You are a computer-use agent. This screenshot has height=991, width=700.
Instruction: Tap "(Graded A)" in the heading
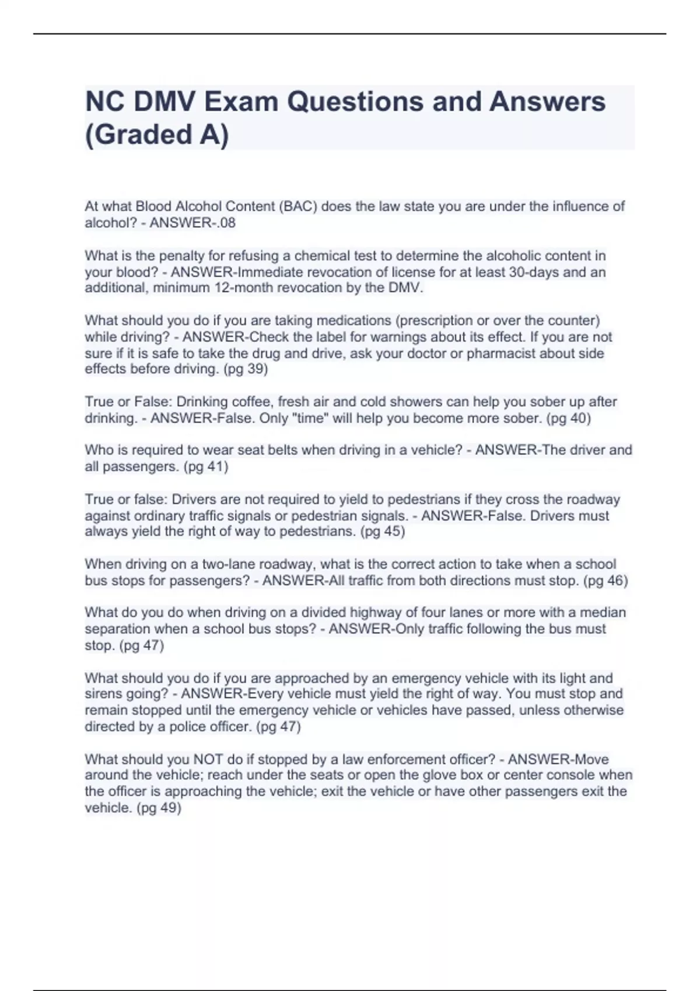(157, 135)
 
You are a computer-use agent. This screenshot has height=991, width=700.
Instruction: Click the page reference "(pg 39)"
(246, 369)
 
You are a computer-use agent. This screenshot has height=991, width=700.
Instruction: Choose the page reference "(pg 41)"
(205, 466)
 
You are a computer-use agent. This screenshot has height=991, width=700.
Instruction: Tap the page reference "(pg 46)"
(605, 581)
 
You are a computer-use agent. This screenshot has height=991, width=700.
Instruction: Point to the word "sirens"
(102, 694)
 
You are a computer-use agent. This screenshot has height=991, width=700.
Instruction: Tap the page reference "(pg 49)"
(159, 808)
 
